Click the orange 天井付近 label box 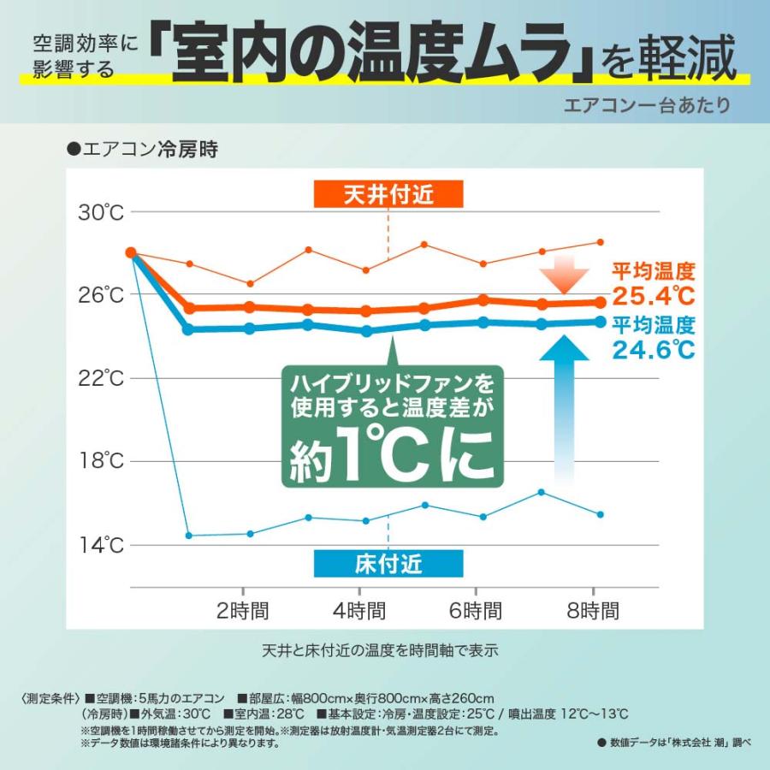click(x=388, y=194)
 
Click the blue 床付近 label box click(x=388, y=563)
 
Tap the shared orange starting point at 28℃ click(x=131, y=252)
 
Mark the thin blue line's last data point click(x=601, y=514)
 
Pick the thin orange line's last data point click(x=601, y=242)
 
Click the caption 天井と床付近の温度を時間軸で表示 click(x=380, y=650)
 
